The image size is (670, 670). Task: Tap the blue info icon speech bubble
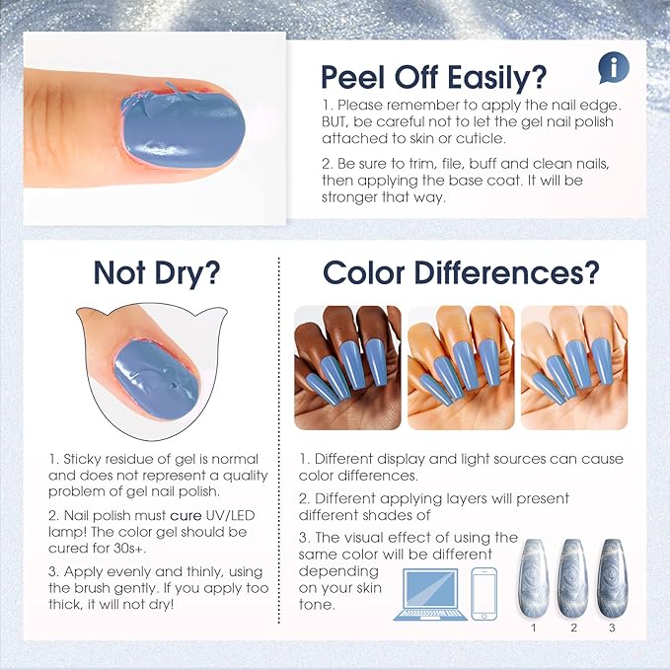click(612, 68)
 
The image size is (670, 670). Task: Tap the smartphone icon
click(484, 593)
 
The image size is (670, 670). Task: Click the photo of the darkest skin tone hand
click(346, 367)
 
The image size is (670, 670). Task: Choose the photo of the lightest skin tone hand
click(573, 367)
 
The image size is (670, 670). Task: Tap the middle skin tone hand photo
click(460, 367)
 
